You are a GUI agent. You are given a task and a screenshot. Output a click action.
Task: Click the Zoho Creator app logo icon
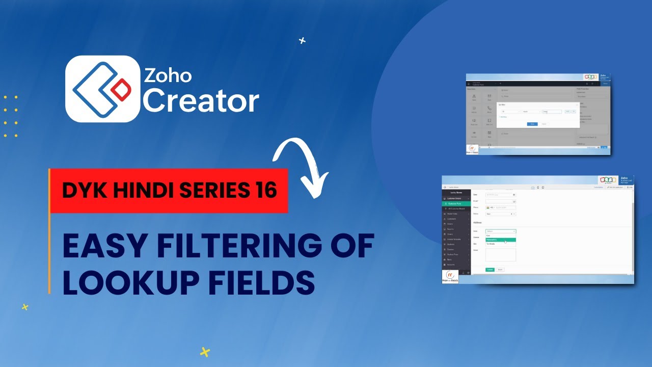(x=103, y=89)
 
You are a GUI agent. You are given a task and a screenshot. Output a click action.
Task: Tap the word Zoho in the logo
(x=168, y=75)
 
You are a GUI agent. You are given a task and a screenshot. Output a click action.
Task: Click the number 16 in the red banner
(x=264, y=190)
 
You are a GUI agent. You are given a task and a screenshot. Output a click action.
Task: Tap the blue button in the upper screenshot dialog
(x=532, y=124)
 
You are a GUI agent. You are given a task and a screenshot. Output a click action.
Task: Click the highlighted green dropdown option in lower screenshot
(x=501, y=240)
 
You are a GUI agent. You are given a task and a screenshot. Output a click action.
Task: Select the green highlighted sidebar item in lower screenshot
(x=456, y=204)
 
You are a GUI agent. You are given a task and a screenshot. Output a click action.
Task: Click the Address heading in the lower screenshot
(x=478, y=223)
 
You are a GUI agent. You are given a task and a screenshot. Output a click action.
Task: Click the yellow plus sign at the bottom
(x=205, y=352)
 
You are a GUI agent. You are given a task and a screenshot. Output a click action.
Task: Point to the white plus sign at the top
(x=303, y=40)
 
